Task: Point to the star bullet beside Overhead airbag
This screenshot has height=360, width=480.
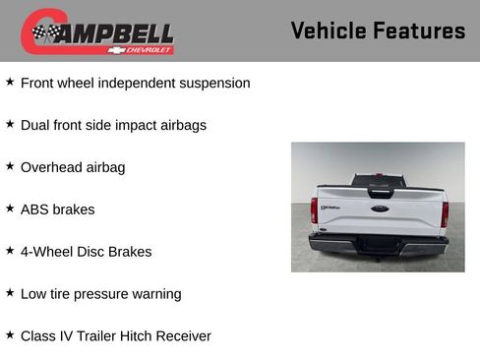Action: click(x=10, y=166)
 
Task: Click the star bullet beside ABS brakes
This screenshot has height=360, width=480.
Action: click(x=10, y=209)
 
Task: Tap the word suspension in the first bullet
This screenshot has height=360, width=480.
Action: click(x=210, y=84)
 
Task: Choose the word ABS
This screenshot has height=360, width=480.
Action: click(x=35, y=210)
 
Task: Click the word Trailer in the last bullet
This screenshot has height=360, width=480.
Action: click(x=92, y=336)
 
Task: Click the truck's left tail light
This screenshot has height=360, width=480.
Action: click(x=314, y=211)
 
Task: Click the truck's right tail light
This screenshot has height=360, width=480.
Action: click(x=445, y=211)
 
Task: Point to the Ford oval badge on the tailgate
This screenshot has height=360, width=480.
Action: click(x=379, y=208)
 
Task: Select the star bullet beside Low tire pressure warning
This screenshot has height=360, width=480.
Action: click(x=10, y=293)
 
